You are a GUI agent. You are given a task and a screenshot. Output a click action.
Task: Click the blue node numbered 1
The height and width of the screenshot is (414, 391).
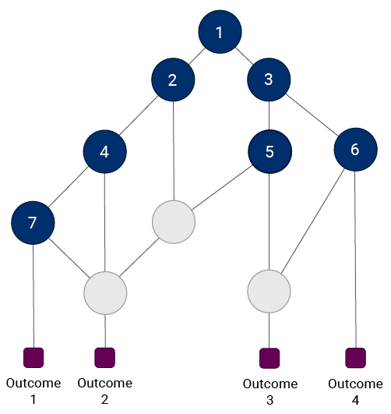[220, 32]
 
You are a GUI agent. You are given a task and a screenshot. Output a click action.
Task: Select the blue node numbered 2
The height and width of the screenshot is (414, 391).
[173, 80]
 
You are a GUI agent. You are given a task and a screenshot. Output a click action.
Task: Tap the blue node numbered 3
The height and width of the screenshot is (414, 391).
[269, 80]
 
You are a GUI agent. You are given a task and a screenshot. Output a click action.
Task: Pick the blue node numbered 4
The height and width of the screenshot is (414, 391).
[105, 151]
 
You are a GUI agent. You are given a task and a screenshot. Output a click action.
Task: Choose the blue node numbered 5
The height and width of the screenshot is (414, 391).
[270, 151]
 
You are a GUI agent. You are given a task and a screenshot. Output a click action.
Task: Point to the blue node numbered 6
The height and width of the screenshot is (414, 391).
[355, 150]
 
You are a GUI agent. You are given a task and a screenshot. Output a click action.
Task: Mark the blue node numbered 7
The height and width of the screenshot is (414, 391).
[33, 223]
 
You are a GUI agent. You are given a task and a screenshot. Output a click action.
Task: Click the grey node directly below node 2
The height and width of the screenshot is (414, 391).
[174, 221]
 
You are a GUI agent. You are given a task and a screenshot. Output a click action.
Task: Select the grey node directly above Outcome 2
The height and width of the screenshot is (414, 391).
[105, 293]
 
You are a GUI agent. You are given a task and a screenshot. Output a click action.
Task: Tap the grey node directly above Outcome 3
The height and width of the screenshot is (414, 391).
[269, 292]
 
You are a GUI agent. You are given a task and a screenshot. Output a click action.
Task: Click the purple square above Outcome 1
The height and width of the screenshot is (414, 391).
[33, 358]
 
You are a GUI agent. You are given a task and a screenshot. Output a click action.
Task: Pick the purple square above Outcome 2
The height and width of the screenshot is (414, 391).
[105, 358]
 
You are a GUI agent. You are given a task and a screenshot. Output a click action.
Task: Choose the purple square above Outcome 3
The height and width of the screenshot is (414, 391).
[269, 358]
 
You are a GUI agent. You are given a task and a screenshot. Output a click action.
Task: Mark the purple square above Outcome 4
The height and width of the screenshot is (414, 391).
[356, 358]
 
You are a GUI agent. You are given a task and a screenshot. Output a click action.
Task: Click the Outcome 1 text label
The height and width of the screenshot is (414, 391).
[33, 391]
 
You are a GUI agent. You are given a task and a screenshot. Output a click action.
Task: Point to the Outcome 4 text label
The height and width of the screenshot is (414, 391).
[355, 392]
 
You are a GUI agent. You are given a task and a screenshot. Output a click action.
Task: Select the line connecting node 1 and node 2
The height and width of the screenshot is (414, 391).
[197, 56]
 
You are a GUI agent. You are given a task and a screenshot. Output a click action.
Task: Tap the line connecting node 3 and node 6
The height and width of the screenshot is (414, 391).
[312, 115]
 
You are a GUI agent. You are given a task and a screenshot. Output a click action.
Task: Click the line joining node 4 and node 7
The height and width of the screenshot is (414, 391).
[69, 186]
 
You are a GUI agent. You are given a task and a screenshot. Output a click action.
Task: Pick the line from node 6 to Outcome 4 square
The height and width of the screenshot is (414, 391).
[355, 260]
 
